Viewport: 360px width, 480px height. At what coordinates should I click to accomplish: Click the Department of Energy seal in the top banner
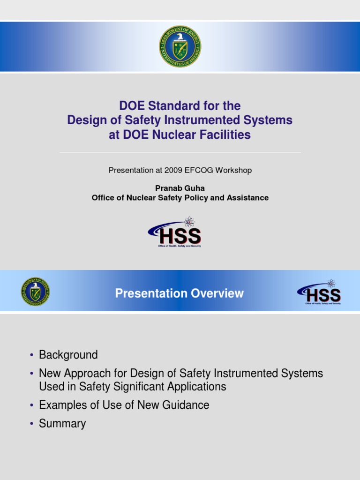tap(180, 46)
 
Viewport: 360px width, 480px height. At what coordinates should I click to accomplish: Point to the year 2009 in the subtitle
tap(173, 170)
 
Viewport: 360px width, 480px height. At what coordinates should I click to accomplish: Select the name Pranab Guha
tap(180, 188)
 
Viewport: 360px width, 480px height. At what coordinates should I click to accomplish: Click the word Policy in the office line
tap(196, 198)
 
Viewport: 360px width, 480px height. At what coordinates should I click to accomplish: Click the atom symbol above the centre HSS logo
tap(189, 222)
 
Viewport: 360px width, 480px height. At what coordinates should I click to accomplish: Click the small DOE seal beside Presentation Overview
tap(35, 292)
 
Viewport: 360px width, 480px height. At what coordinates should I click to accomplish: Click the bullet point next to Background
tap(31, 355)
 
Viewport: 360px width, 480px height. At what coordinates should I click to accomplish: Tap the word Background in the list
tap(68, 355)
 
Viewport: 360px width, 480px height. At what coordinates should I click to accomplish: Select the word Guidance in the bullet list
tap(187, 405)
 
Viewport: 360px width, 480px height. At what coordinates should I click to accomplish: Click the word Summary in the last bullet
tap(62, 424)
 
